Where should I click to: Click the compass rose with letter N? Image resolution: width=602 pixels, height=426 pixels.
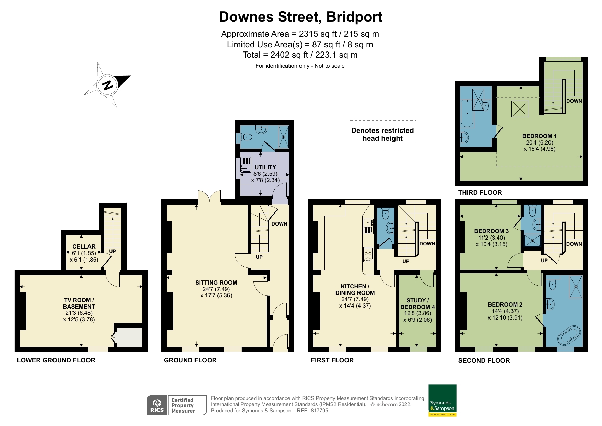pyautogui.click(x=107, y=85)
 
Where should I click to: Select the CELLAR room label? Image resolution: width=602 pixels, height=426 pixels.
pyautogui.click(x=84, y=246)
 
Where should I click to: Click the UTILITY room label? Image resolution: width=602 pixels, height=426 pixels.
pyautogui.click(x=265, y=167)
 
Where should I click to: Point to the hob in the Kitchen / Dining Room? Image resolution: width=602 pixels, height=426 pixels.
pyautogui.click(x=368, y=254)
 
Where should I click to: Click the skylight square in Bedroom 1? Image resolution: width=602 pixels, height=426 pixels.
pyautogui.click(x=520, y=109)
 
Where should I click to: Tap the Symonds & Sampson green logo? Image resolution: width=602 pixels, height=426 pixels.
pyautogui.click(x=442, y=400)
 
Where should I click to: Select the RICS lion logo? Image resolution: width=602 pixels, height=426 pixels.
pyautogui.click(x=157, y=405)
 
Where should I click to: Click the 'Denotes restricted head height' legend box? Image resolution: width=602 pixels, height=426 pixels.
pyautogui.click(x=382, y=135)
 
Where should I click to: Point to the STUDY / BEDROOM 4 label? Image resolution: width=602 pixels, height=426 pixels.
pyautogui.click(x=417, y=303)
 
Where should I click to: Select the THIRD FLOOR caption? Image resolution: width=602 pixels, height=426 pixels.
pyautogui.click(x=480, y=193)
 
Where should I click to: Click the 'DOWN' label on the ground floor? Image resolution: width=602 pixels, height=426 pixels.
pyautogui.click(x=279, y=224)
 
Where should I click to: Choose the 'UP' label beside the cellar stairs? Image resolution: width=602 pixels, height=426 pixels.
pyautogui.click(x=113, y=251)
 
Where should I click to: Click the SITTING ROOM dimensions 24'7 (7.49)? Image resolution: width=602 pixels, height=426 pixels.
pyautogui.click(x=216, y=289)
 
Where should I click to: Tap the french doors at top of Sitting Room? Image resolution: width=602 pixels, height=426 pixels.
pyautogui.click(x=209, y=198)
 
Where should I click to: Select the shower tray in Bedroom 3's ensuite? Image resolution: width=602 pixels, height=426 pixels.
pyautogui.click(x=532, y=241)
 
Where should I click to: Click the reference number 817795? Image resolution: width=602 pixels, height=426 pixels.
pyautogui.click(x=319, y=411)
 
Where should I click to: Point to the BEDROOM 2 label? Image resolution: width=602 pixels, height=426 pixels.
pyautogui.click(x=505, y=304)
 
